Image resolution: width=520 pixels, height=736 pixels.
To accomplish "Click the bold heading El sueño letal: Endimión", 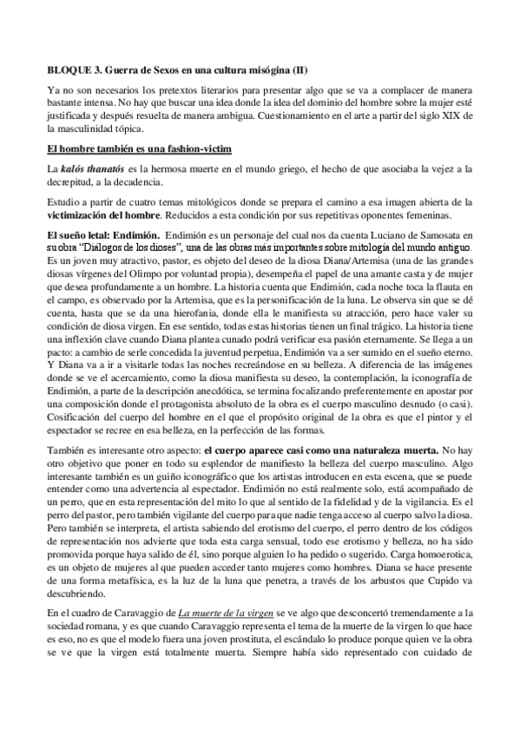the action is tap(102, 236).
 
